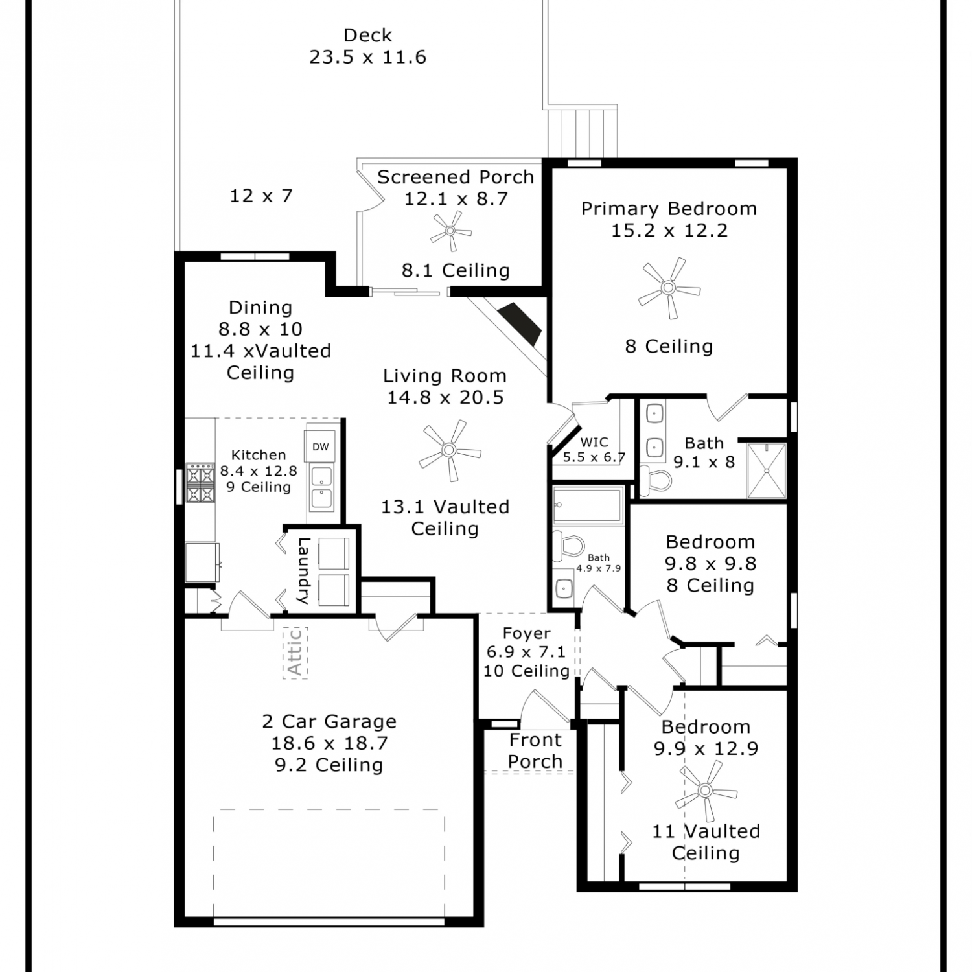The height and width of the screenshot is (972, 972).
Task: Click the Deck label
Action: tap(367, 35)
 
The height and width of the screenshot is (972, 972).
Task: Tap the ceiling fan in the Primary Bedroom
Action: tap(669, 288)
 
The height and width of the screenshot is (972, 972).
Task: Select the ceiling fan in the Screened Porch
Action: tap(450, 231)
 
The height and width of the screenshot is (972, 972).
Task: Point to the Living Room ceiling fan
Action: tap(449, 450)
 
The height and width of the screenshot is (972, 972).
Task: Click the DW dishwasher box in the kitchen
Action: tap(321, 446)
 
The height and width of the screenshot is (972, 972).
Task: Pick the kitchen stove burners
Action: tap(200, 483)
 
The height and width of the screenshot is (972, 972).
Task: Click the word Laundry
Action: tap(303, 571)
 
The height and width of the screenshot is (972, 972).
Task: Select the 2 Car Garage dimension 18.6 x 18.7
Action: tap(329, 743)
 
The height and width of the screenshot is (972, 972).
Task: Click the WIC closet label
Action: tap(594, 442)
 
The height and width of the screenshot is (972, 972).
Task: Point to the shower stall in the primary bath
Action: tap(767, 470)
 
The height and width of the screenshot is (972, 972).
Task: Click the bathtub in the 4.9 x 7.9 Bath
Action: tap(588, 505)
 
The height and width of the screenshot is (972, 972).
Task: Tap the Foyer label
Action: tap(527, 633)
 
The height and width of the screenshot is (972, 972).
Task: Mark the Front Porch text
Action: tap(535, 750)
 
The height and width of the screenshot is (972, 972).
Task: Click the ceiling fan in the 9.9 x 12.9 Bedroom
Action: tap(706, 791)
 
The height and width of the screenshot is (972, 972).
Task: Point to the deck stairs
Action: tap(582, 132)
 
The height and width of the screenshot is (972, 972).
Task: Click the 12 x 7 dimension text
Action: tap(261, 195)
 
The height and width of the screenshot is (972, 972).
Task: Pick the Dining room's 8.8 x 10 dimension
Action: tap(260, 329)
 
